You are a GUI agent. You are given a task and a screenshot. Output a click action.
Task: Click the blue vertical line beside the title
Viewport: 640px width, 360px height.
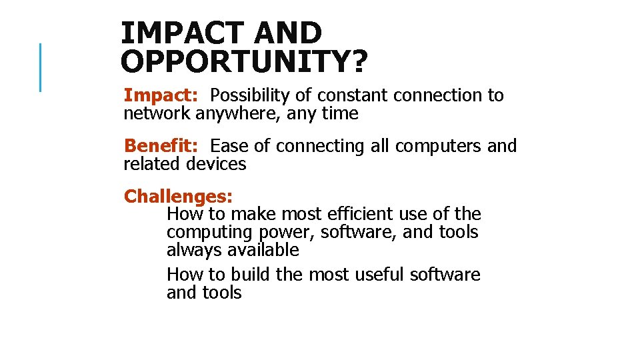coord(41,67)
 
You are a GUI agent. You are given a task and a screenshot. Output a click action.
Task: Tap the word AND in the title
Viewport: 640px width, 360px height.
coord(289,33)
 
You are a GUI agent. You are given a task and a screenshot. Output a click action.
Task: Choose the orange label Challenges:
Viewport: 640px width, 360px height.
coord(178,197)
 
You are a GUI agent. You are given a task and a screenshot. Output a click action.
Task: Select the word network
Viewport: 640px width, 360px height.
coord(157,114)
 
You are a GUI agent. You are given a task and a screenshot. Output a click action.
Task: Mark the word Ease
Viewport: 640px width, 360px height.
coord(229,146)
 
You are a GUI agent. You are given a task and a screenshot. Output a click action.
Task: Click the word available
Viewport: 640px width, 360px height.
coord(263,250)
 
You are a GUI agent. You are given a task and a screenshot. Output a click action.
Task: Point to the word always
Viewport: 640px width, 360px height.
coord(194,250)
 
